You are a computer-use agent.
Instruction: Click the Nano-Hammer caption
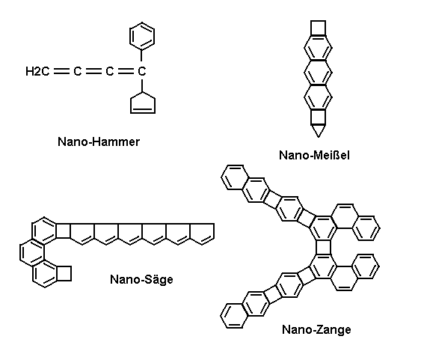99,141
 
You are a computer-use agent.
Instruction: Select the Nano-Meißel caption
314,155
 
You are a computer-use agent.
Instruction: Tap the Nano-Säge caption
141,280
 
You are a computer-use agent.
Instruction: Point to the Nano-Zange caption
316,329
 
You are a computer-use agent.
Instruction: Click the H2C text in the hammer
37,71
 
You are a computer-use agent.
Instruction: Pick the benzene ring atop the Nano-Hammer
142,36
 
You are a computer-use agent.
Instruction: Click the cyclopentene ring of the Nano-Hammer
143,103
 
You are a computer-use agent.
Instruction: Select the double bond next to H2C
61,71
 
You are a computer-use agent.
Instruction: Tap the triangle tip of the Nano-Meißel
319,137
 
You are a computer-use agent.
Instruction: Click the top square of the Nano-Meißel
318,28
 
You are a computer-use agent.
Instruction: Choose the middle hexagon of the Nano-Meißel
318,73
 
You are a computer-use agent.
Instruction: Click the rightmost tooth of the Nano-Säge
202,234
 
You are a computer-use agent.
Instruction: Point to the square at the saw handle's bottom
64,273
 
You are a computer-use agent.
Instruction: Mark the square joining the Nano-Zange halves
323,247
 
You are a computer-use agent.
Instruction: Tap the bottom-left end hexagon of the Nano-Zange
234,316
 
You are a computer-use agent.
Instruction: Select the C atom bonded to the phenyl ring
142,71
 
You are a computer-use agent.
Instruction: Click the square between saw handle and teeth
63,231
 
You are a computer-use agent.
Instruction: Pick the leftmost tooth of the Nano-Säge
82,234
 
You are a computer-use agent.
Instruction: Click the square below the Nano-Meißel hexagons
319,117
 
